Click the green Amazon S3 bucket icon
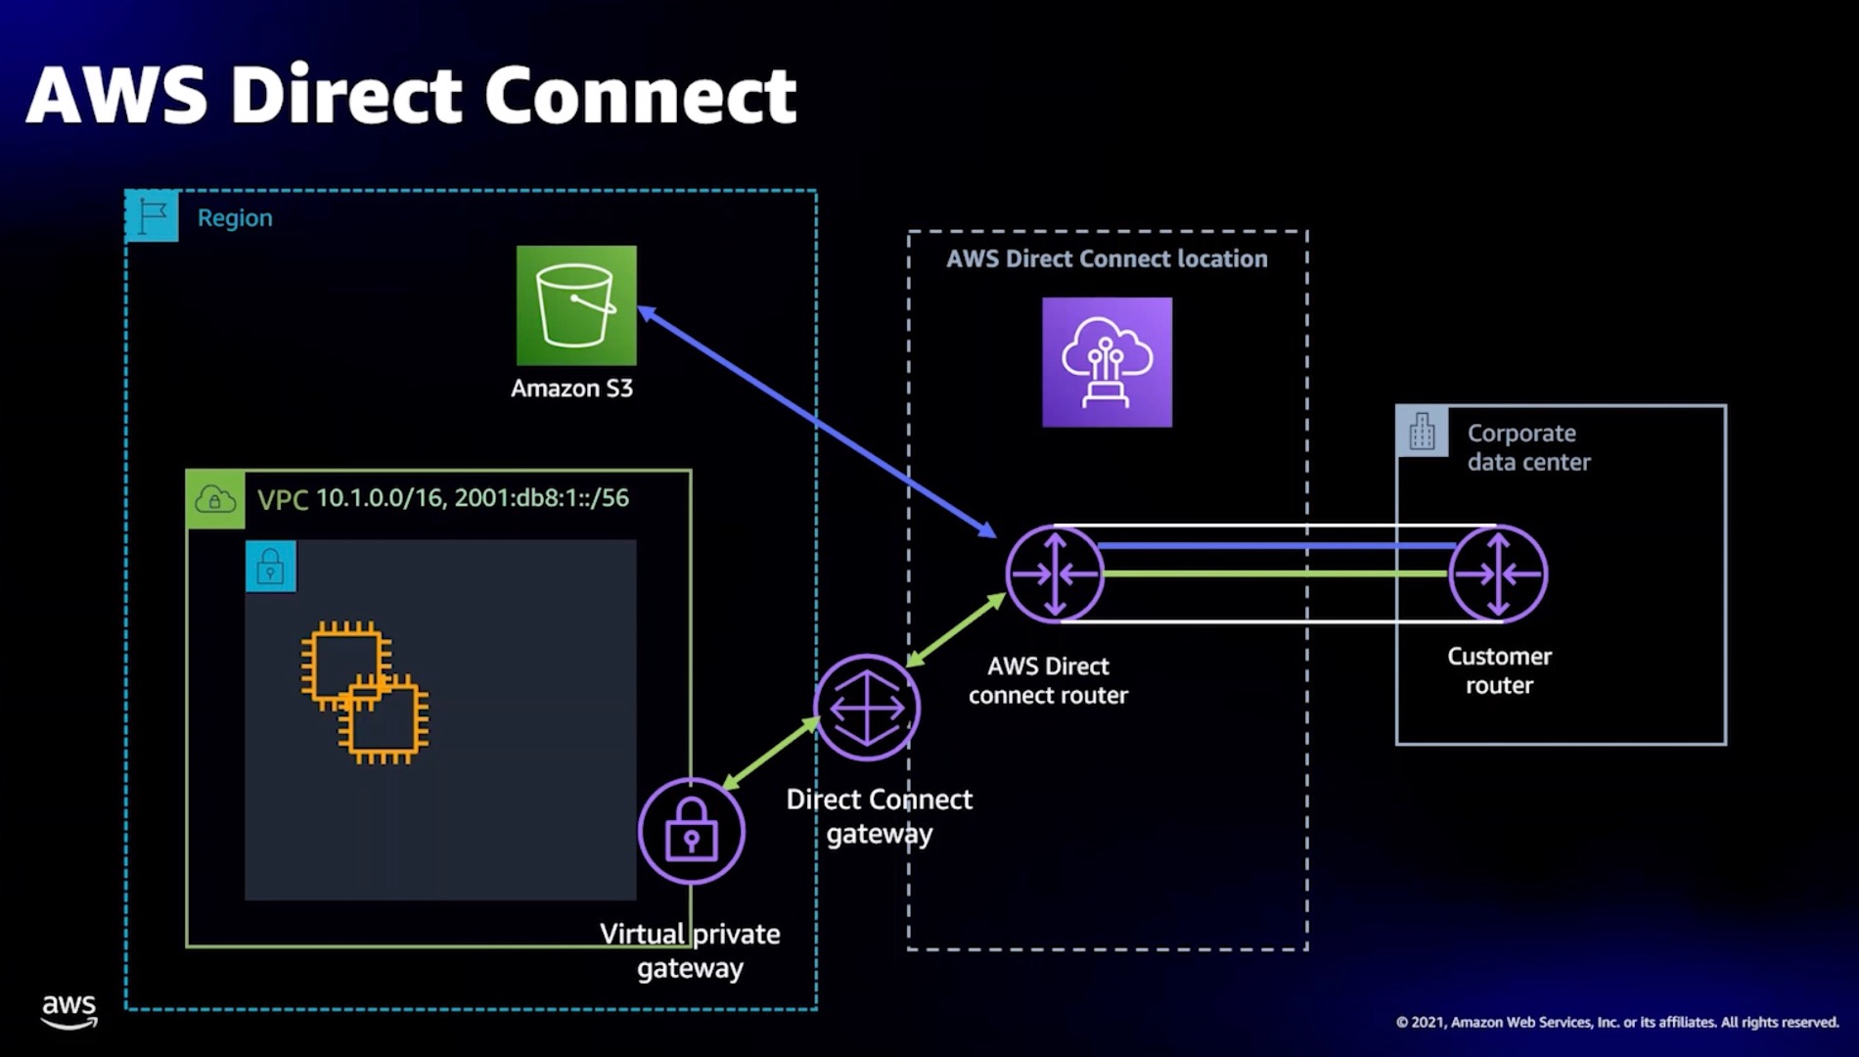pos(576,305)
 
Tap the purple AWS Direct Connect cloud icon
pos(1107,362)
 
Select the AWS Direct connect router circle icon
pos(1055,574)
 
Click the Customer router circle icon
pos(1498,574)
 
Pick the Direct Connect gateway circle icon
pos(867,708)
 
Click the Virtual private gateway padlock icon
pos(692,831)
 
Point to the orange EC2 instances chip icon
pos(365,692)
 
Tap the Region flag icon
pos(153,216)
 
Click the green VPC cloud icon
pos(215,500)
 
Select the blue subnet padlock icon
pos(271,567)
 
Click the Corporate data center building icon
pos(1422,432)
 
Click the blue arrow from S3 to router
pos(817,422)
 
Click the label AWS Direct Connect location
pos(1107,259)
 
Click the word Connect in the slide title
pos(640,95)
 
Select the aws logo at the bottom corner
pos(69,1011)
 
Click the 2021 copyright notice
pos(1616,1022)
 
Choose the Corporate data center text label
pos(1528,447)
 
